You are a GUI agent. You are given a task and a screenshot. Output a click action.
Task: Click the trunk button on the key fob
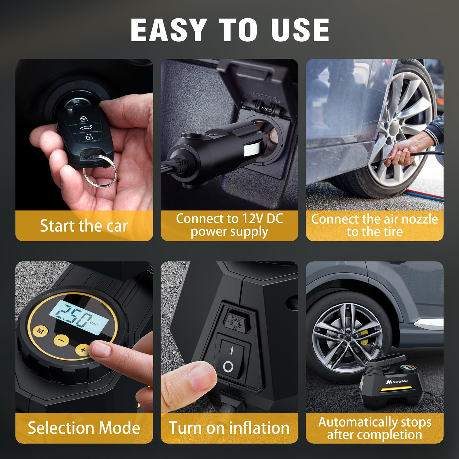click(x=84, y=128)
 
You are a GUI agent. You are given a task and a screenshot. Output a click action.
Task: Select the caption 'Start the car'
click(x=84, y=226)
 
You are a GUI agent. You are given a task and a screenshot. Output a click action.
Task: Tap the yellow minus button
click(x=61, y=341)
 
